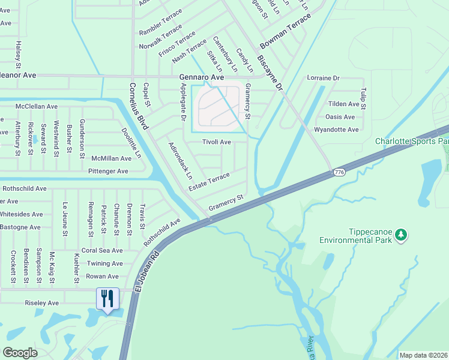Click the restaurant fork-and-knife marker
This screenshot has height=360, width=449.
pos(108,298)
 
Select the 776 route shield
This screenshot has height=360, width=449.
pos(339,173)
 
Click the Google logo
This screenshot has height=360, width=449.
pos(20,352)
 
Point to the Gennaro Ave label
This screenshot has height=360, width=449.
pos(201,78)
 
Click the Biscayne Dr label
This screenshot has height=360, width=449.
pos(270,73)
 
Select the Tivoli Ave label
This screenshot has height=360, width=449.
pos(216,142)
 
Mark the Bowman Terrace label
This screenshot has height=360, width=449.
pos(286,31)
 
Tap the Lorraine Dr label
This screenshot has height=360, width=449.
pos(323,79)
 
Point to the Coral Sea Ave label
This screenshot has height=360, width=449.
pos(102,251)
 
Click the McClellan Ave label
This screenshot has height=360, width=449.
pos(36,106)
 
